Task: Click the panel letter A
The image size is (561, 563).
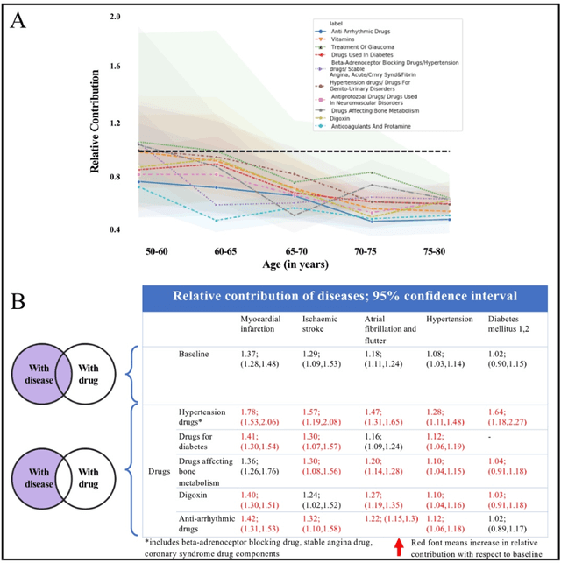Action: pyautogui.click(x=18, y=20)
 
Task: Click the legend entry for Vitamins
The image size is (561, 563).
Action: pyautogui.click(x=352, y=39)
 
